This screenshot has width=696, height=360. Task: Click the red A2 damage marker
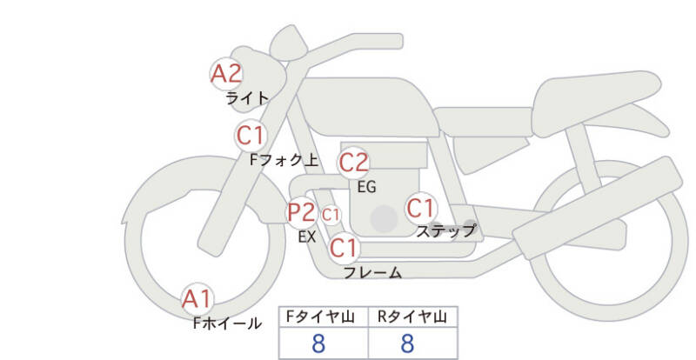pyautogui.click(x=226, y=74)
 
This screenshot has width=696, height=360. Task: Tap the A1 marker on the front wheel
pyautogui.click(x=197, y=299)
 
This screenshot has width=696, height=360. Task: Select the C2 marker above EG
pyautogui.click(x=354, y=163)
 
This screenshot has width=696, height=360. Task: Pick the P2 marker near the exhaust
pyautogui.click(x=302, y=212)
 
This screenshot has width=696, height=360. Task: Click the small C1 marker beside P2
pyautogui.click(x=331, y=216)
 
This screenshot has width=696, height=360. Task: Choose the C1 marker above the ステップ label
pyautogui.click(x=421, y=208)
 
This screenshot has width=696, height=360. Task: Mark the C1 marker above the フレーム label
pyautogui.click(x=344, y=248)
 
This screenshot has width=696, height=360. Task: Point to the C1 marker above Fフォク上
pyautogui.click(x=251, y=136)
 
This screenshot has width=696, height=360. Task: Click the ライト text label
pyautogui.click(x=247, y=97)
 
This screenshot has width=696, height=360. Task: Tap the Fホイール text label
pyautogui.click(x=227, y=323)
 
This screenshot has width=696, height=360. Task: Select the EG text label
pyautogui.click(x=366, y=187)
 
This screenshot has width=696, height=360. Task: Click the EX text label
pyautogui.click(x=307, y=237)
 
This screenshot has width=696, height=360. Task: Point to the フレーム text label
pyautogui.click(x=373, y=272)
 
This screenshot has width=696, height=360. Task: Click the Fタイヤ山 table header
pyautogui.click(x=320, y=317)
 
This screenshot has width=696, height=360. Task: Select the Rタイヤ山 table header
pyautogui.click(x=412, y=317)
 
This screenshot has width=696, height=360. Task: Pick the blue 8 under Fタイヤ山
pyautogui.click(x=318, y=343)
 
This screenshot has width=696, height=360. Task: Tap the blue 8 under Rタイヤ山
pyautogui.click(x=407, y=343)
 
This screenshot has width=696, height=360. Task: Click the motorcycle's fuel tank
pyautogui.click(x=367, y=107)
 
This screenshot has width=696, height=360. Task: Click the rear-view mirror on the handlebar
pyautogui.click(x=289, y=42)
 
